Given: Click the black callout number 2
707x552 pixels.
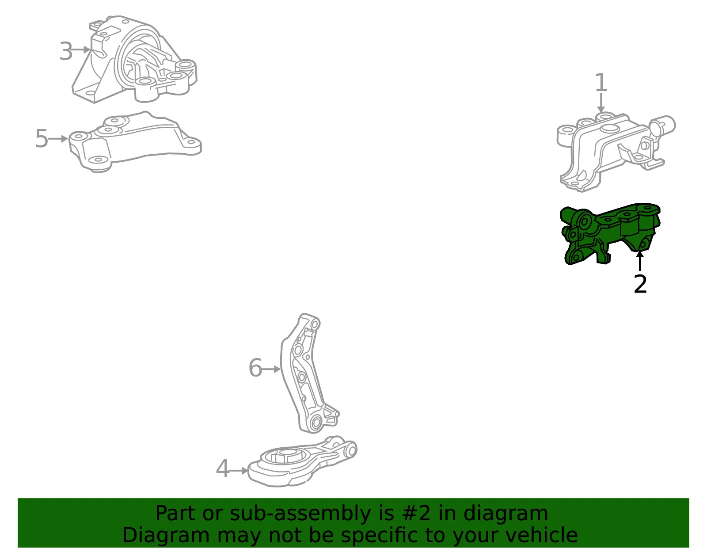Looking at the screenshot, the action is point(640,284).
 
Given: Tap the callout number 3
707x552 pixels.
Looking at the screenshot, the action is point(66,51).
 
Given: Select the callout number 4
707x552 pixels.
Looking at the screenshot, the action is point(223,469).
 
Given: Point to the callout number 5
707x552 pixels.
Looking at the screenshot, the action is point(42,138).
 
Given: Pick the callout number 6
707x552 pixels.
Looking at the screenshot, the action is point(255,368).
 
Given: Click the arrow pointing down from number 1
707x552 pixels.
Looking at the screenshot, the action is point(601,103).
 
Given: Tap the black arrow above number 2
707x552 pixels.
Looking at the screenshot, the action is point(640,261).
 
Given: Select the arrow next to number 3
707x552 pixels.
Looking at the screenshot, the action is point(81,50).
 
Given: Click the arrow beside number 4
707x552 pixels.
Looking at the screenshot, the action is point(239,471).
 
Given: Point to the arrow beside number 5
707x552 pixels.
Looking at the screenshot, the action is point(58,139).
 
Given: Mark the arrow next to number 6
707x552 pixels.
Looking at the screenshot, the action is point(271,369).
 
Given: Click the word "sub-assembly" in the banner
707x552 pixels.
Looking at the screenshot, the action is point(300,514).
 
